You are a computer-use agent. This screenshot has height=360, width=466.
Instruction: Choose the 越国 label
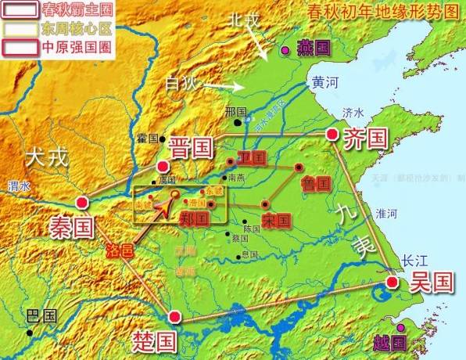tap(389, 342)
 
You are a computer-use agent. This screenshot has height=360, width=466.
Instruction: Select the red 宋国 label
tap(276, 219)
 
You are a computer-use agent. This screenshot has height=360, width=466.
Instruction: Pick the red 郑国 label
tap(193, 219)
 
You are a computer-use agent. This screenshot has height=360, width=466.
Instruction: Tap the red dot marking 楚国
tap(175, 317)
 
